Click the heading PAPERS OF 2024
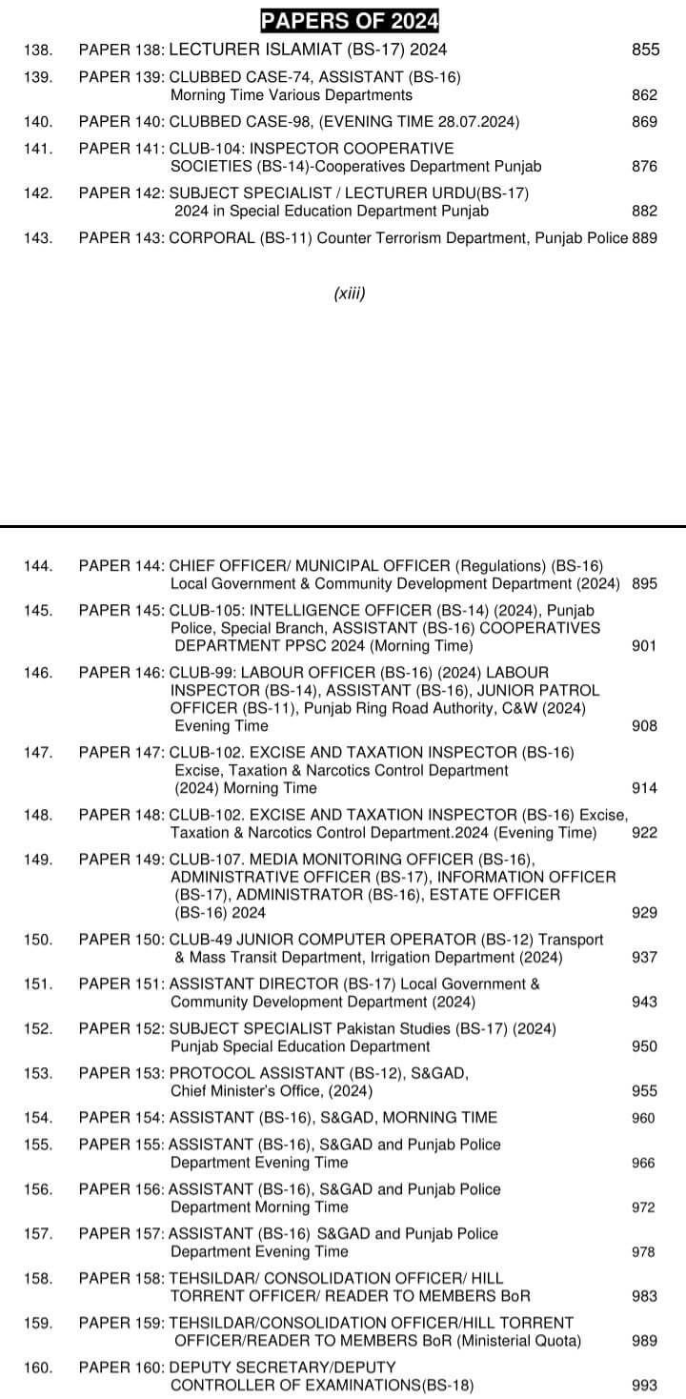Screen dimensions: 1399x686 343,19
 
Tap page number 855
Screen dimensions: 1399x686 645,50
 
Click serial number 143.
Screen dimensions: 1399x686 38,238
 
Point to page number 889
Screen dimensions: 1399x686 645,238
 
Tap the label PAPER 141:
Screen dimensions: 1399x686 122,149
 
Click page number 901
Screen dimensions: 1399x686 645,646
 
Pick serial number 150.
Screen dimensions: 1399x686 38,940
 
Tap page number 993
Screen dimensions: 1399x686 645,1386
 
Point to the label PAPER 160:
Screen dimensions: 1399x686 122,1369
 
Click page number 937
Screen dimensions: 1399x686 645,957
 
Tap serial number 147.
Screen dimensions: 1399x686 38,753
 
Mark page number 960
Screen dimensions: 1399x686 644,1118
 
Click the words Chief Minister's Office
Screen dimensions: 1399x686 241,1091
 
